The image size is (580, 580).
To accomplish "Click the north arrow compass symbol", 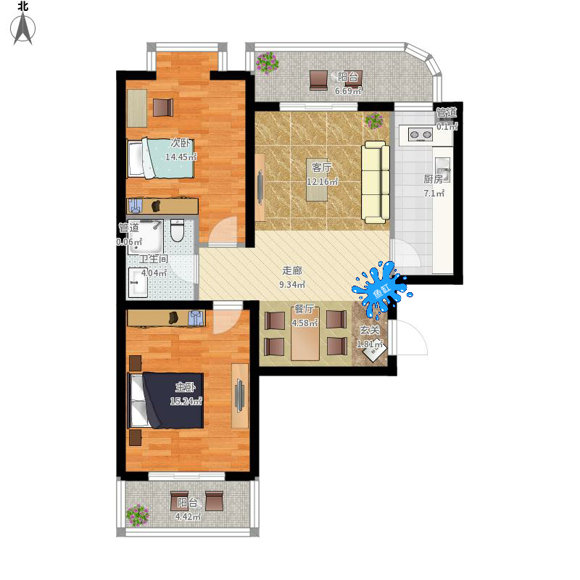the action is point(23,28).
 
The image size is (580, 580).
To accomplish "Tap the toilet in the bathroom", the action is point(177,230).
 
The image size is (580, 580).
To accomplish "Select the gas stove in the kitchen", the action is point(420,134).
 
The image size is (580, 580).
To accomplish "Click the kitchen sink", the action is point(442,170).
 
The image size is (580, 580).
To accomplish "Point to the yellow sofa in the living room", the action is point(376,183).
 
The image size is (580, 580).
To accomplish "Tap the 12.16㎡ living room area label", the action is point(322,182).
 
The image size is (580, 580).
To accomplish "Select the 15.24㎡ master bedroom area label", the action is point(186,401).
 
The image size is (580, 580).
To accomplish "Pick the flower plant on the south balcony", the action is point(137,515).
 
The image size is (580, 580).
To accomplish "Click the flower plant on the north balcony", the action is point(267,62).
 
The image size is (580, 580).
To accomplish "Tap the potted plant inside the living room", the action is point(374,120).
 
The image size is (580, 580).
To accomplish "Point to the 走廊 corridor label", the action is point(292,270).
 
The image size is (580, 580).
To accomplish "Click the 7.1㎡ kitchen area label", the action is point(434,193).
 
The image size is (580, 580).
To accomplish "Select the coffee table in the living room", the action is point(317,180).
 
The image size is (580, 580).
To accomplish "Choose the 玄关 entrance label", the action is point(370,330).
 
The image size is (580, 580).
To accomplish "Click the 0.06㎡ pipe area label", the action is point(129,242).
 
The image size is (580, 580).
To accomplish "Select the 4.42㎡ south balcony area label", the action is point(188,517).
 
